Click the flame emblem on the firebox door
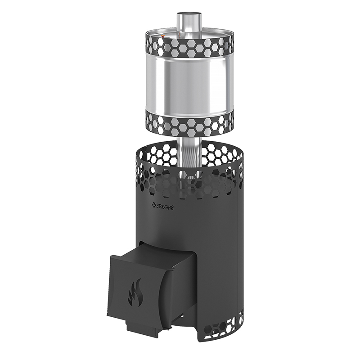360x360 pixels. pyautogui.click(x=136, y=292)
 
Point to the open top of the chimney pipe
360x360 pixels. pyautogui.click(x=189, y=13)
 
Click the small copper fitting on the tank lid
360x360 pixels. pyautogui.click(x=162, y=36)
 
